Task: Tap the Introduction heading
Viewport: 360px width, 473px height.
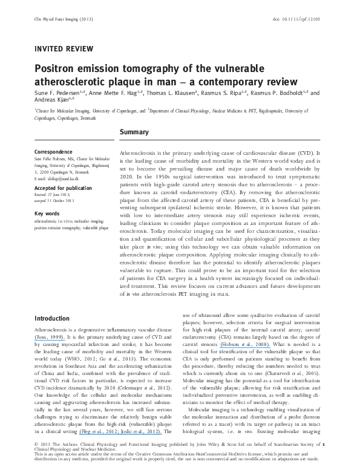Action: [x=53, y=318]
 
